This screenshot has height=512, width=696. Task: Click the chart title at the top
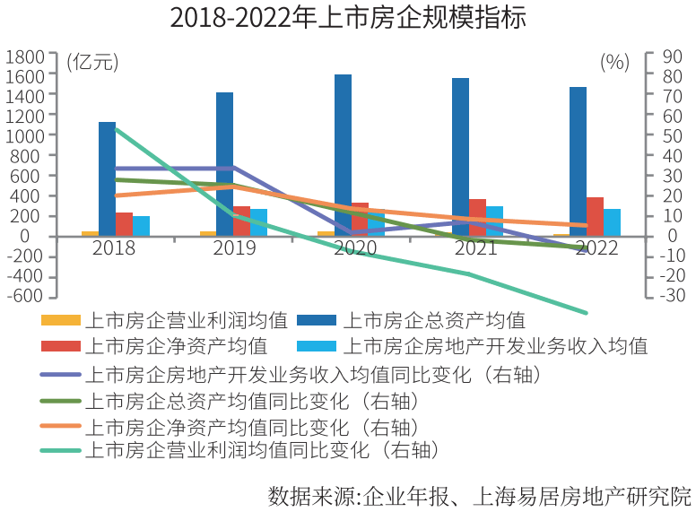click(348, 19)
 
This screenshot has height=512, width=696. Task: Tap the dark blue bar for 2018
click(107, 178)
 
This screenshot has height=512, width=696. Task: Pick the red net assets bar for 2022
click(595, 216)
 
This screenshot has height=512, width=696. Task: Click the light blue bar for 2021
click(494, 221)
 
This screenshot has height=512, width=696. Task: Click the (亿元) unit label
click(91, 62)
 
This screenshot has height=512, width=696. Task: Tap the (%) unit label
click(614, 62)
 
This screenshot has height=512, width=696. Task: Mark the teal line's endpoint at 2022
click(587, 313)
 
